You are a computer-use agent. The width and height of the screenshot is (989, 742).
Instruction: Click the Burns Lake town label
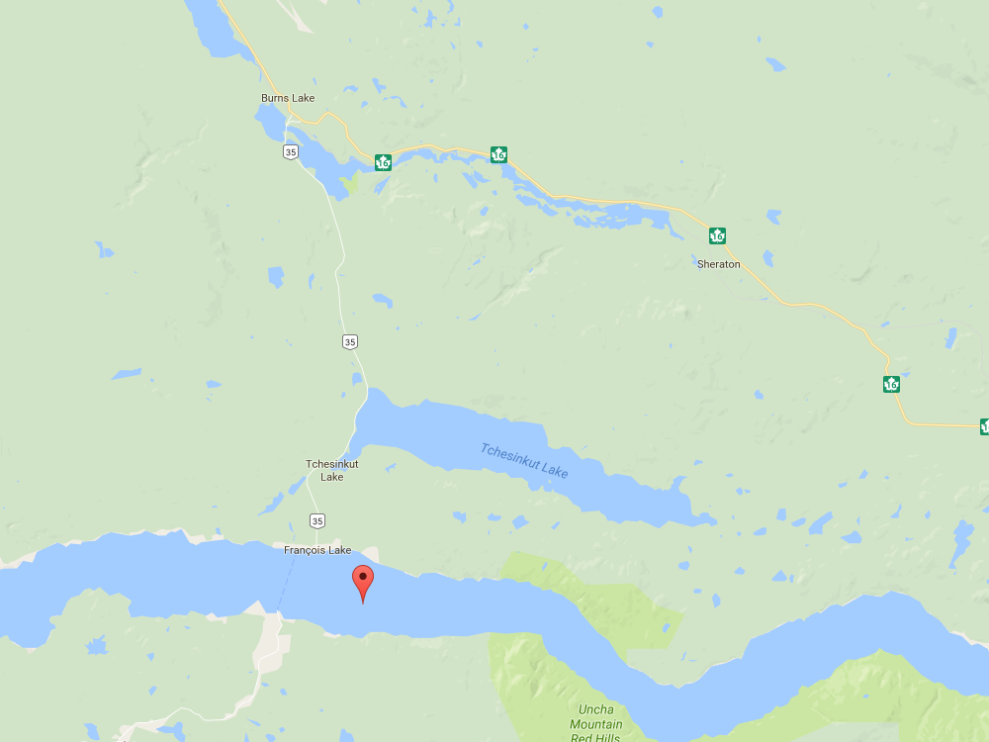[x=288, y=98]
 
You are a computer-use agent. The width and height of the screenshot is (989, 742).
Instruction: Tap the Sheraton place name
[x=719, y=264]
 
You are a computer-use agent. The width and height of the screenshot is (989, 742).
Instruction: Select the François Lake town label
[x=317, y=550]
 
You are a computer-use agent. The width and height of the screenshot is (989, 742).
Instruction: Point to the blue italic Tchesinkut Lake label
[x=524, y=461]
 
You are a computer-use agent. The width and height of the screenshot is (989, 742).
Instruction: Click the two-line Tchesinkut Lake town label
[x=331, y=470]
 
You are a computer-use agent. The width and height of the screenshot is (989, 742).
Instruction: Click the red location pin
[x=363, y=584]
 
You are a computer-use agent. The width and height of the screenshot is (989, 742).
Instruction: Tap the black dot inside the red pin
[x=363, y=576]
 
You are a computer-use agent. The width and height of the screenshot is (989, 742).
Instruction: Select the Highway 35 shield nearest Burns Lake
[x=289, y=151]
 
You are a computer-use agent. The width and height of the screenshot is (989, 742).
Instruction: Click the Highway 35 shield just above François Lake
[x=316, y=520]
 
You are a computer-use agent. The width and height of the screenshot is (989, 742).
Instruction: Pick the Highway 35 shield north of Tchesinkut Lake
[x=350, y=341]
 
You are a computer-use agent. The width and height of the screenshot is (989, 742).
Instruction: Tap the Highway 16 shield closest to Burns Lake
[x=383, y=161]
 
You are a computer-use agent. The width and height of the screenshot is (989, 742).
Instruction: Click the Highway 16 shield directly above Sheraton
[x=717, y=235]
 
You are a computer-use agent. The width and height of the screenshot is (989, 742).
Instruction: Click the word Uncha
[x=596, y=709]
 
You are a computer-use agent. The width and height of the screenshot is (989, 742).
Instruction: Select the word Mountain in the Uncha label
[x=596, y=724]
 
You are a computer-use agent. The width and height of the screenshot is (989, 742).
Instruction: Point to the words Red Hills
[x=596, y=737]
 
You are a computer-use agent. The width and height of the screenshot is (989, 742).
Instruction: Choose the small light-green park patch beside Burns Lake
[x=349, y=182]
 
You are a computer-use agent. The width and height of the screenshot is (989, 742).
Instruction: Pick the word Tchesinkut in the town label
[x=331, y=464]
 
